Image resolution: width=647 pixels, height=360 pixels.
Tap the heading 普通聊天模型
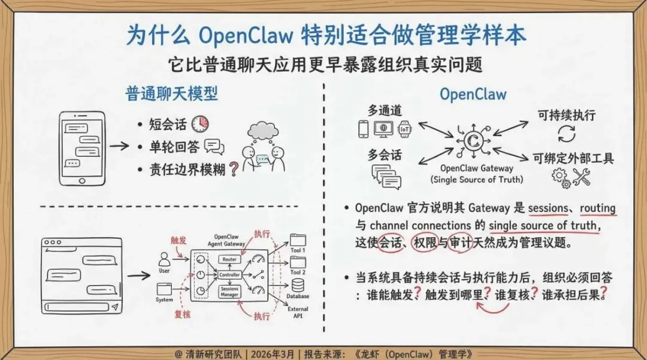pyautogui.click(x=171, y=94)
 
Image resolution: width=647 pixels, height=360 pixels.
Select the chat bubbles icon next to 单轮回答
pyautogui.click(x=213, y=146)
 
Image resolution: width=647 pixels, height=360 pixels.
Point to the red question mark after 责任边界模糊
pyautogui.click(x=233, y=170)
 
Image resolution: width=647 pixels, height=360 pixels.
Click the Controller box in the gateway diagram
pyautogui.click(x=230, y=275)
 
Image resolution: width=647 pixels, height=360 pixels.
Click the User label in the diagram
pyautogui.click(x=164, y=271)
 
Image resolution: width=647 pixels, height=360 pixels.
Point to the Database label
pyautogui.click(x=298, y=296)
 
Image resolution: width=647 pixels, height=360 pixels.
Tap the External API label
pyautogui.click(x=298, y=312)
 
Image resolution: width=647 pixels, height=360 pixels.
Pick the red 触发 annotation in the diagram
pyautogui.click(x=179, y=240)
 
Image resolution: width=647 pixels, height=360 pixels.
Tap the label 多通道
pyautogui.click(x=385, y=111)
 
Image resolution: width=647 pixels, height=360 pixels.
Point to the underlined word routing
pyautogui.click(x=597, y=208)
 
